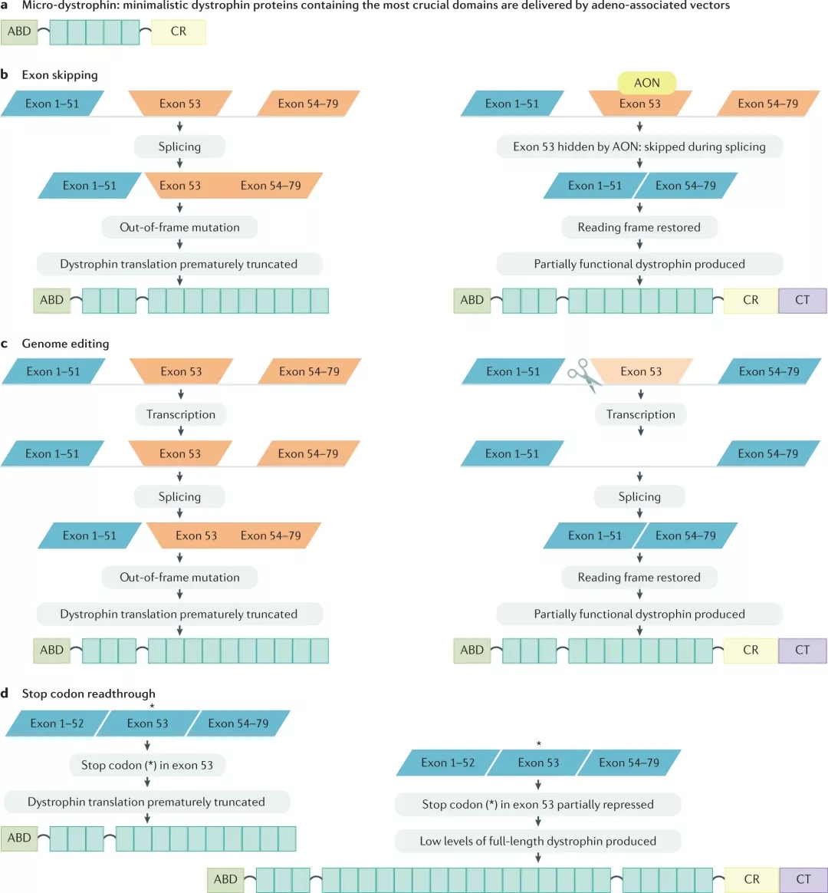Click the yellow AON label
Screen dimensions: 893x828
tap(646, 83)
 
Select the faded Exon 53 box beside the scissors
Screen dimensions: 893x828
tap(641, 371)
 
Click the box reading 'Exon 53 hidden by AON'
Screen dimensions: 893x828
tap(639, 147)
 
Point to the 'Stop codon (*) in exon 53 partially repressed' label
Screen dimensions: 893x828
tap(537, 804)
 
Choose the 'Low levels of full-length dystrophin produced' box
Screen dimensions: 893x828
tap(537, 841)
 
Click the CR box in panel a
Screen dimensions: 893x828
tap(179, 32)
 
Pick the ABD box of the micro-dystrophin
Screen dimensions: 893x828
tap(19, 32)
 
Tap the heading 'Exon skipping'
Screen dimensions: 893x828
tap(60, 75)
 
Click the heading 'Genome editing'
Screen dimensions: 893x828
tap(65, 344)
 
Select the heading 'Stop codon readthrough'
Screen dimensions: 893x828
tap(88, 694)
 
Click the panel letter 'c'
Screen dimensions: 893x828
tap(5, 344)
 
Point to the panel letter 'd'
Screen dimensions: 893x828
tap(5, 694)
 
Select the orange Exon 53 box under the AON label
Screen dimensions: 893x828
tap(639, 104)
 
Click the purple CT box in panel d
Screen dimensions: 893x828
tap(803, 879)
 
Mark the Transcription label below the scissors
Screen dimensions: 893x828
tap(640, 414)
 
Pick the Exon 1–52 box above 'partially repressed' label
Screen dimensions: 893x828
tap(448, 763)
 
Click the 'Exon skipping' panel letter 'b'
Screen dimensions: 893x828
tap(5, 75)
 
